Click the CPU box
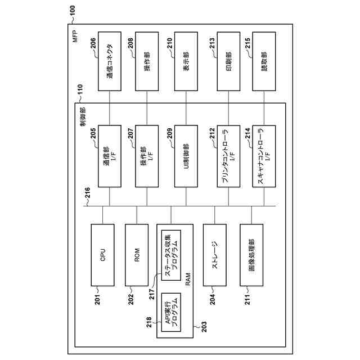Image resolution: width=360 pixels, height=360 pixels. point(102,255)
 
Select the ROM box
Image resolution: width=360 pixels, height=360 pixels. point(137,255)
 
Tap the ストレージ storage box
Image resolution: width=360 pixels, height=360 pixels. point(214,255)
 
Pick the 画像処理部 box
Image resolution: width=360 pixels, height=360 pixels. point(251,255)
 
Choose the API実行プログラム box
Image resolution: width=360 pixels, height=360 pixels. point(171,313)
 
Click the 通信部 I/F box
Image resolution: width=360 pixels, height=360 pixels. point(110,156)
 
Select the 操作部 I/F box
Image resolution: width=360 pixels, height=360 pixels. point(147,156)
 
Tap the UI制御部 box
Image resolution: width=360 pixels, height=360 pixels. point(186,156)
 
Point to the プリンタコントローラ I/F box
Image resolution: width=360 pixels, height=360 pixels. point(229,156)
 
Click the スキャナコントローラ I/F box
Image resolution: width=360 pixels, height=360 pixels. point(264,156)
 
